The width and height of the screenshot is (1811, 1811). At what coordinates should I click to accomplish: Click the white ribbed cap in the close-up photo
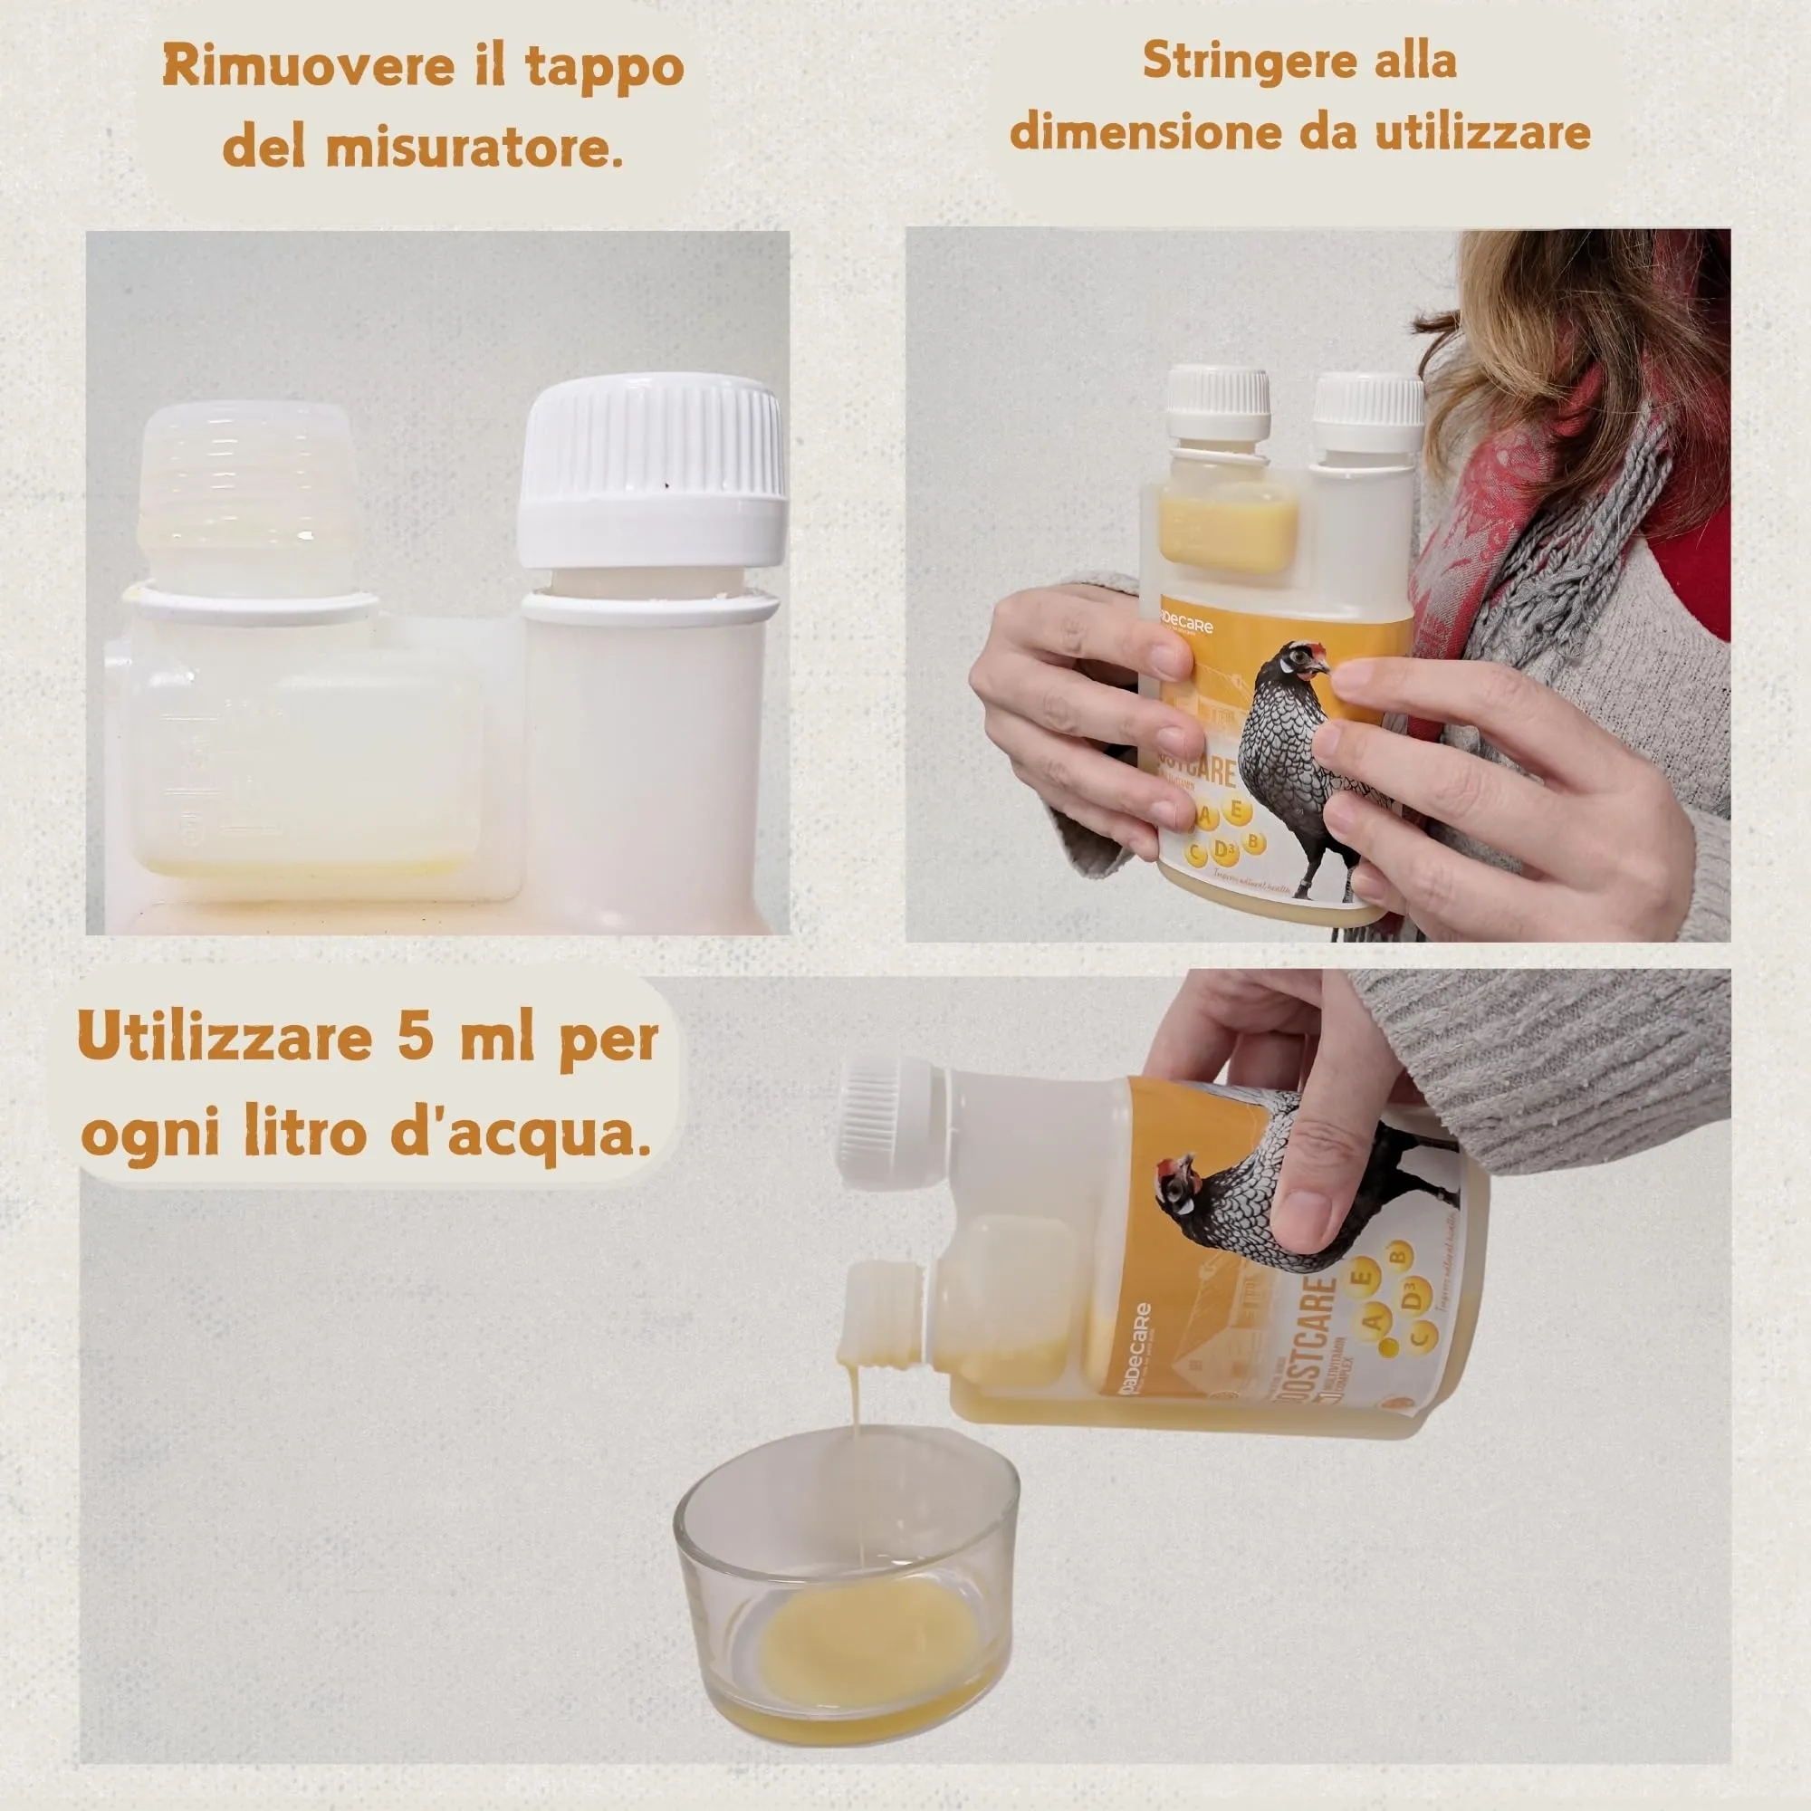[x=652, y=469]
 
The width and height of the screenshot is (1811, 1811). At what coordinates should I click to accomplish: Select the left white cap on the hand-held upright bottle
[x=1218, y=403]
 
